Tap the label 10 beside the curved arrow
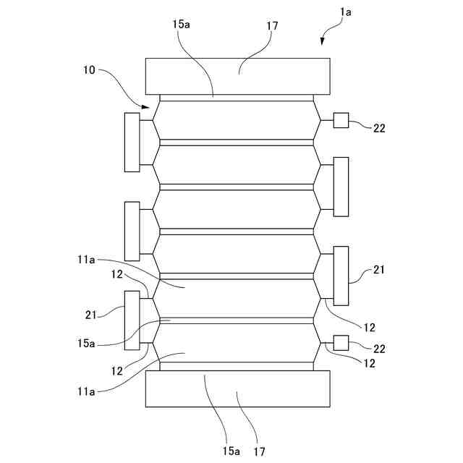[x=89, y=71]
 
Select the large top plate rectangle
[x=237, y=76]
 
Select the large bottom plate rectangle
[x=237, y=388]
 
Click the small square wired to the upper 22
[x=341, y=121]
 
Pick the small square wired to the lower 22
[x=341, y=343]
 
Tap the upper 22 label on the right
[x=379, y=129]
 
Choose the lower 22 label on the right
[x=379, y=349]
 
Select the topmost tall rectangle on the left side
[x=132, y=142]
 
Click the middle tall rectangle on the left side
[x=132, y=231]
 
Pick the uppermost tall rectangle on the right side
[x=341, y=186]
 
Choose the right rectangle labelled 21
[x=341, y=276]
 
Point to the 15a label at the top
[x=182, y=25]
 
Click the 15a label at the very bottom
[x=231, y=451]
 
